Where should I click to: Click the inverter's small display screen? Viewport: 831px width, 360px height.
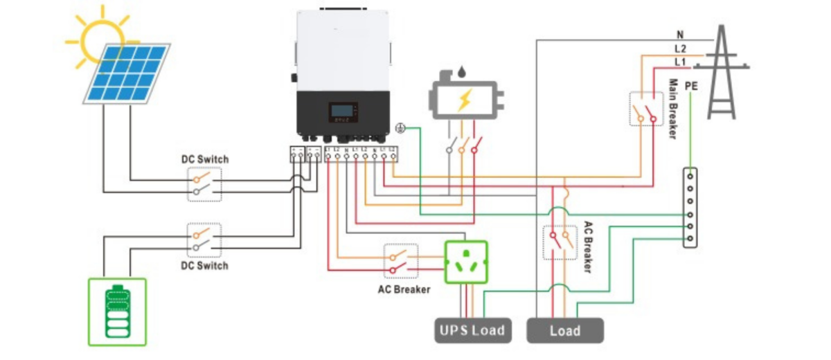tap(344, 112)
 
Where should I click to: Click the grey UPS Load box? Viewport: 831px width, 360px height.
tap(472, 330)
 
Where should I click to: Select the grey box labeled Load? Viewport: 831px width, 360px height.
tap(564, 330)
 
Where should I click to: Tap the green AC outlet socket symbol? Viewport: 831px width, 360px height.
tap(465, 262)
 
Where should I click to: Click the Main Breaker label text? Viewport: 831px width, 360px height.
tap(672, 109)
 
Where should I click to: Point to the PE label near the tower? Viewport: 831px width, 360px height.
tap(690, 86)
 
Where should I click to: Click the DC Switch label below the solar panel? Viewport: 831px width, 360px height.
tap(204, 159)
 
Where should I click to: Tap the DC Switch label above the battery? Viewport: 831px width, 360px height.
tap(204, 265)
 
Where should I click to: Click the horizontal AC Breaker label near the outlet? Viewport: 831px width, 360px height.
tap(403, 289)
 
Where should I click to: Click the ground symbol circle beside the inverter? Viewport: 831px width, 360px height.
tap(400, 129)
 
